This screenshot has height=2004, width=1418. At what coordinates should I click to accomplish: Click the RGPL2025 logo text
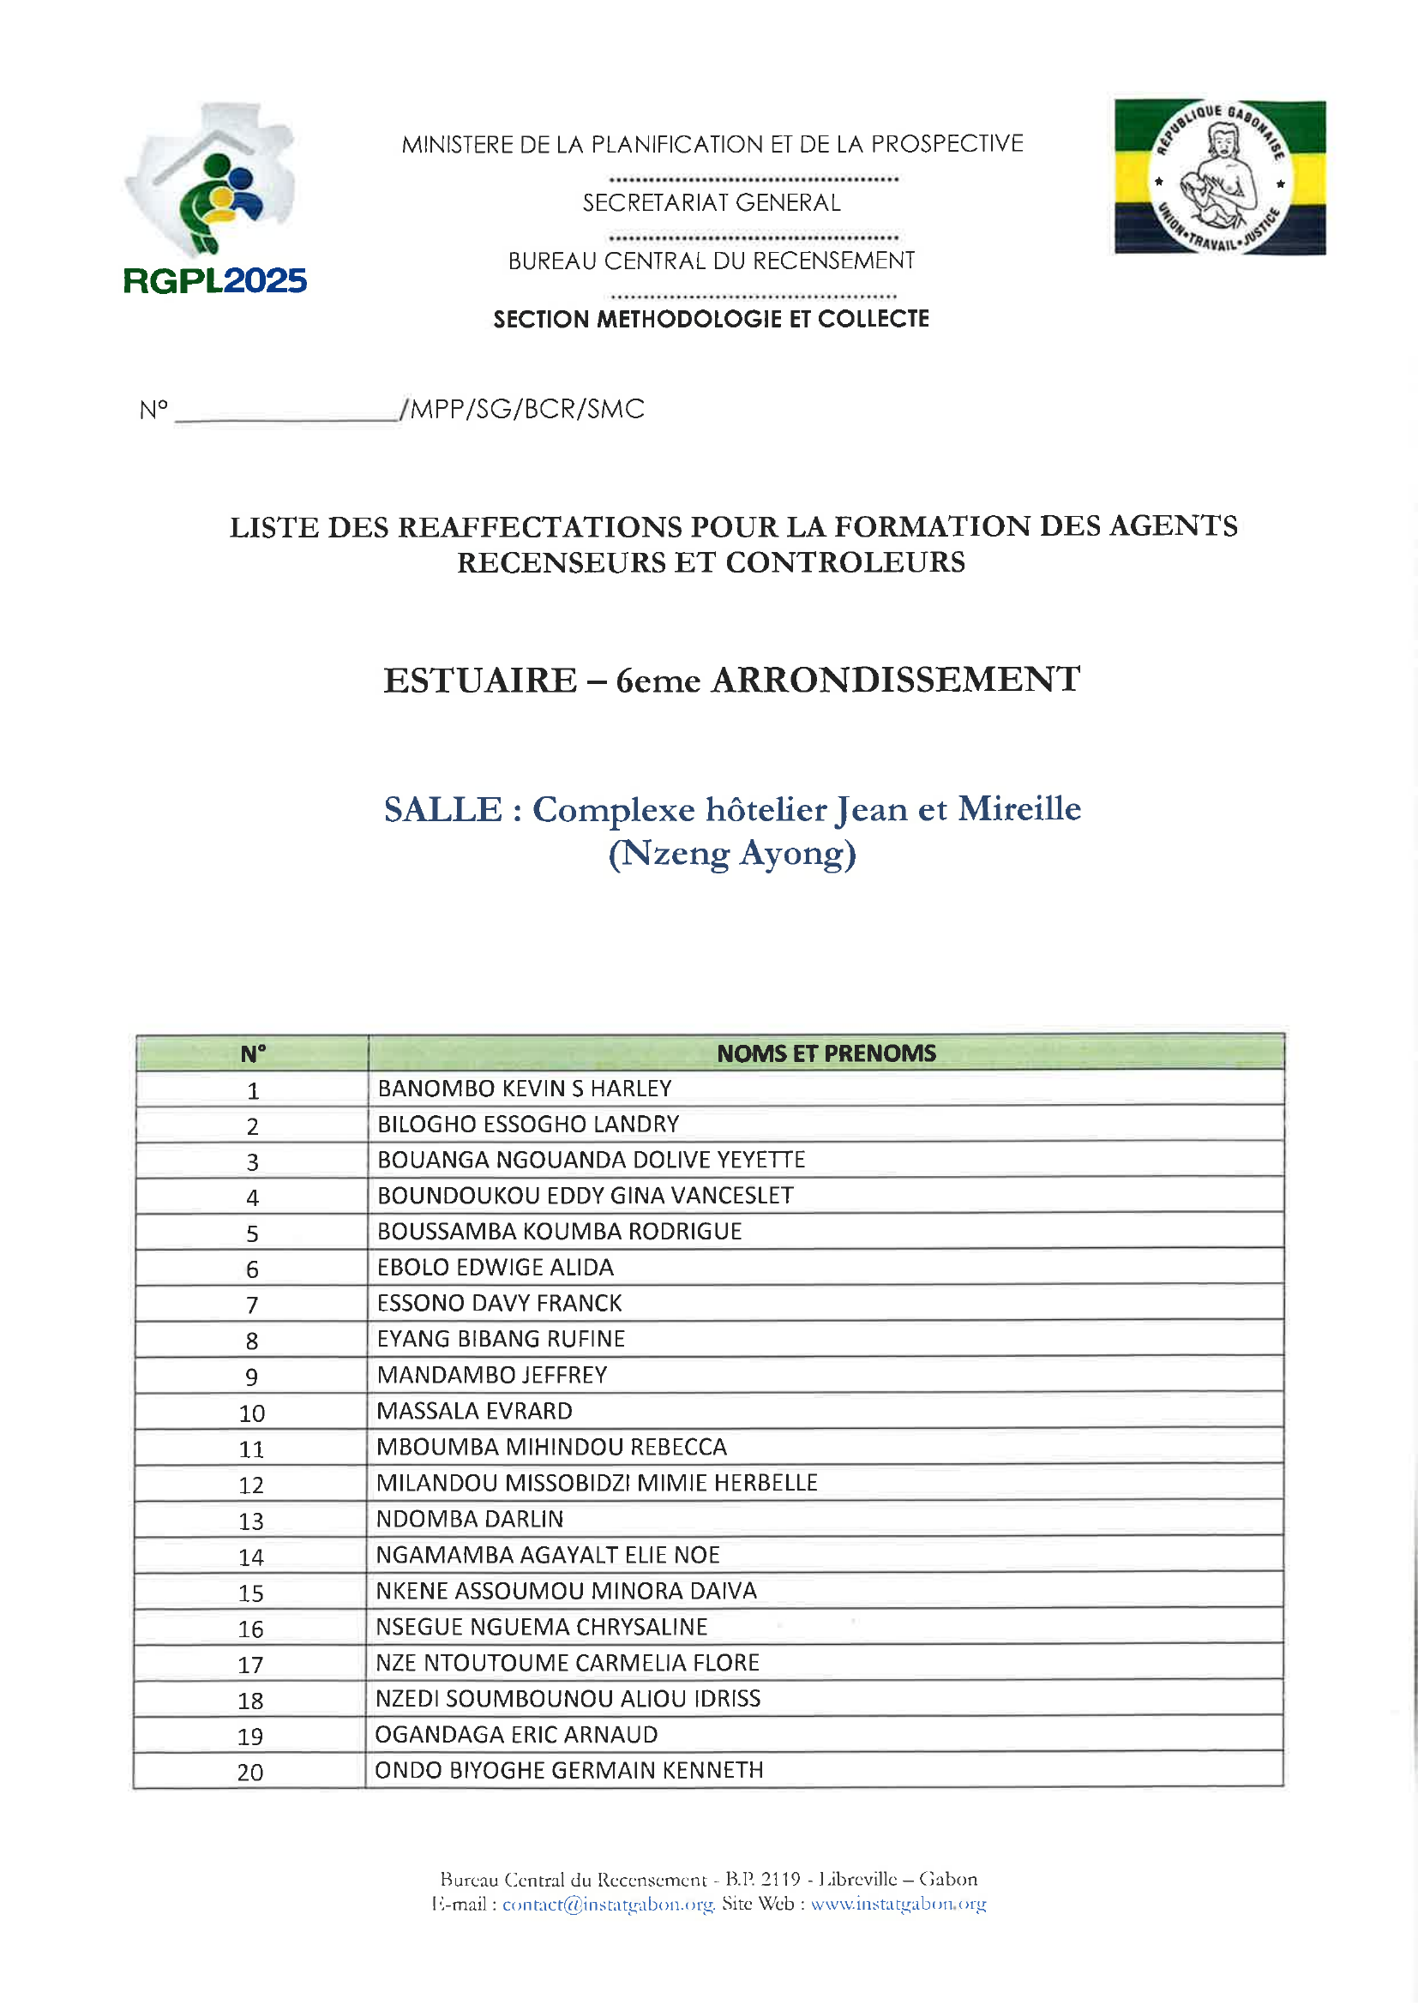215,281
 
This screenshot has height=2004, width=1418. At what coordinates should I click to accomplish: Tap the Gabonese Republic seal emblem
1219,177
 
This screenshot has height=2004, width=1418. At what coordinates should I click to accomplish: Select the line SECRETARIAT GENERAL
711,203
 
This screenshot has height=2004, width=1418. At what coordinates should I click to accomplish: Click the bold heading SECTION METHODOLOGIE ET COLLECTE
711,320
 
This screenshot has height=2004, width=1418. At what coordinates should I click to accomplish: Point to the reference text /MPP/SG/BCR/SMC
522,410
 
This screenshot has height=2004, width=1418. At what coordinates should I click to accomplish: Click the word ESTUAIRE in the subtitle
480,681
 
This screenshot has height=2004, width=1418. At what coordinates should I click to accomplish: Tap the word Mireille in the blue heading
1019,809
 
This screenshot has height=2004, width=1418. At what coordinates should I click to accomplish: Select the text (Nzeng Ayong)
731,854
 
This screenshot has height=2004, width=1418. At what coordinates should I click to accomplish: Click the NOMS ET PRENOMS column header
825,1053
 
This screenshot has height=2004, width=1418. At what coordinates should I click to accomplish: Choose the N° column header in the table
252,1054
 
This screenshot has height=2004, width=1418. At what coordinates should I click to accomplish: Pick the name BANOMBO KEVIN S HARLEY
525,1089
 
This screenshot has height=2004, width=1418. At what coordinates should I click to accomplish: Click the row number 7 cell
251,1305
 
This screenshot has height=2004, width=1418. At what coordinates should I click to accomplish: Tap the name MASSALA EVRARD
474,1412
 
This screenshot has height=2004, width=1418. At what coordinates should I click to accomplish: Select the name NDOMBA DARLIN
470,1519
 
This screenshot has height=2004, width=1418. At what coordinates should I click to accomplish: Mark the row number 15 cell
250,1593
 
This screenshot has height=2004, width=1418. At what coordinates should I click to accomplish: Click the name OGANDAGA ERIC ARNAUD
516,1734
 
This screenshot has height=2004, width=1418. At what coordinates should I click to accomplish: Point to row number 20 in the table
249,1773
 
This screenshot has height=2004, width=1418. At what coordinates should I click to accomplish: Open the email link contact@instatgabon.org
608,1904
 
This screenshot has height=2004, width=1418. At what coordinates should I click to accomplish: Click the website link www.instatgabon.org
898,1904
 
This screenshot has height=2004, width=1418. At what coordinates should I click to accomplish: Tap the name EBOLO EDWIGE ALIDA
495,1268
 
